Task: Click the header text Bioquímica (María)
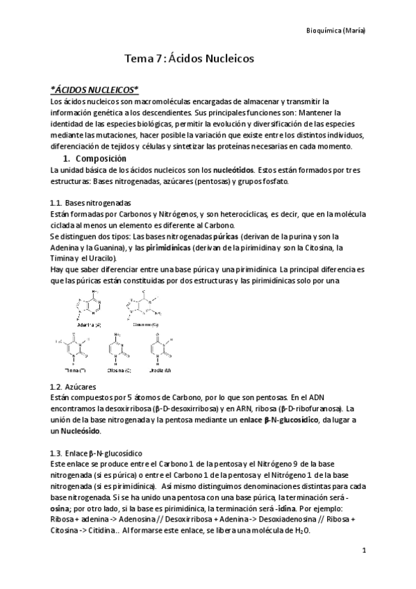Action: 336,31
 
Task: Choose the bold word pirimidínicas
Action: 166,247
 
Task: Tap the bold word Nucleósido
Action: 80,431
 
